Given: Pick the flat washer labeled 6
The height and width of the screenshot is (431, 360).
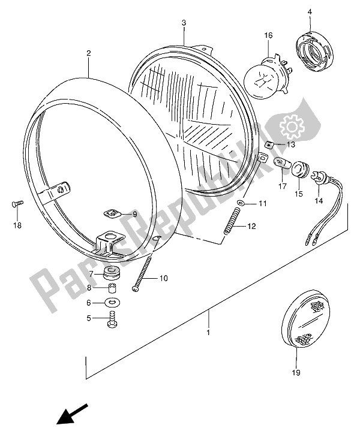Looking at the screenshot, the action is point(112,303).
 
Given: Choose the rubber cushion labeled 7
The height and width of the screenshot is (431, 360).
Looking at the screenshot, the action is point(112,274).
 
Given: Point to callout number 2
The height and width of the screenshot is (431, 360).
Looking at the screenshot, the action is point(88,53).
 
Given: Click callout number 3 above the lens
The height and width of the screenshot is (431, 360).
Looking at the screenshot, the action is point(185,23).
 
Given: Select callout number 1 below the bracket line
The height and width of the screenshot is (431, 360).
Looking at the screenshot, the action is point(209,332).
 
